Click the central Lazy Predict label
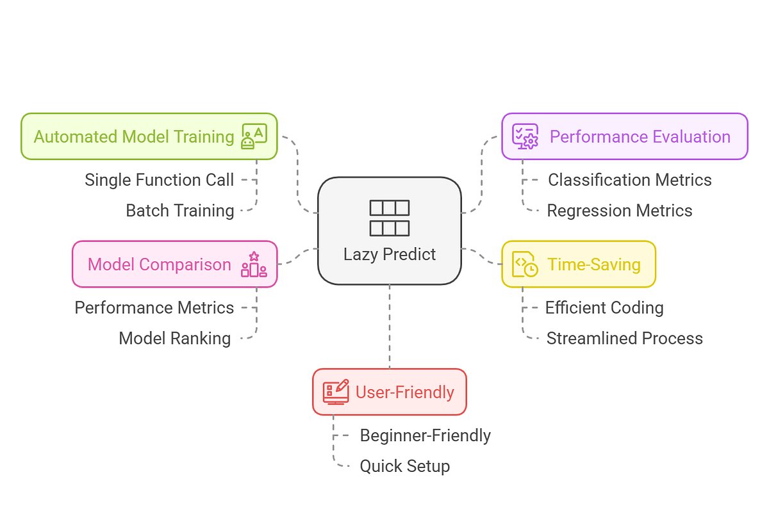pos(389,254)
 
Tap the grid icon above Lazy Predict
pos(389,218)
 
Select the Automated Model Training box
pos(149,136)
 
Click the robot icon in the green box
pos(254,136)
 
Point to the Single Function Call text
pos(159,180)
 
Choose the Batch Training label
pos(179,210)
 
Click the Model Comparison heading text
pos(159,264)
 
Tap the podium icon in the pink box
pos(254,264)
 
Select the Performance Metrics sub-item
pos(154,307)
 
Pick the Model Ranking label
pos(174,338)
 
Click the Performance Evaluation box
pos(624,136)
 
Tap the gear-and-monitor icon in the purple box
pos(525,136)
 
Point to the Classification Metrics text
pos(629,180)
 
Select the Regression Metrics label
pos(619,210)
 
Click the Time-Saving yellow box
pos(578,264)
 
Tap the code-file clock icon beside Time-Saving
pos(525,264)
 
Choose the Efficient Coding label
pos(604,307)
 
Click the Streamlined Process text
pos(624,338)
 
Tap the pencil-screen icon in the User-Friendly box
pos(336,392)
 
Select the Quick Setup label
pos(404,465)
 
